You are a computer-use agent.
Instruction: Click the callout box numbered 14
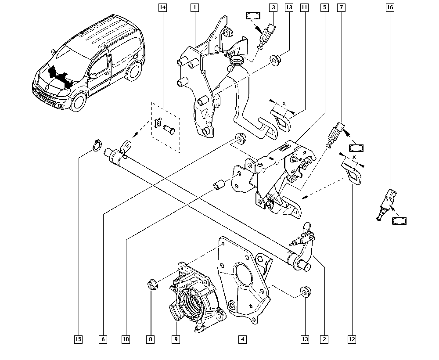[162, 7]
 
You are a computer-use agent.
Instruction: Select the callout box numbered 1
[195, 7]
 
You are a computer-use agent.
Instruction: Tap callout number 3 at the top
[273, 7]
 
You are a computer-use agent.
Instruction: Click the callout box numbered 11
[304, 7]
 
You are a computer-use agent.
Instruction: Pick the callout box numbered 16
[390, 7]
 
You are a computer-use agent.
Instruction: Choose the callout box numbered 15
[79, 339]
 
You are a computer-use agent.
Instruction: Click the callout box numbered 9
[176, 339]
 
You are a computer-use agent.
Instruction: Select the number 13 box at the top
[289, 7]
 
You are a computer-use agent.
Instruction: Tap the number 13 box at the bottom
[305, 339]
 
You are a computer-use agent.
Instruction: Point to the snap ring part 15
[96, 146]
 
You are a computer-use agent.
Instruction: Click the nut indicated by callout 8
[153, 284]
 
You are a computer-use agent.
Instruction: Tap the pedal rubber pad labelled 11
[281, 120]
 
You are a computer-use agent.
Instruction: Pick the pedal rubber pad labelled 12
[351, 173]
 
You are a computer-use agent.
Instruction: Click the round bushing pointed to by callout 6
[241, 138]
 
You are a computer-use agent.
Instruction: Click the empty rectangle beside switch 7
[356, 148]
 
